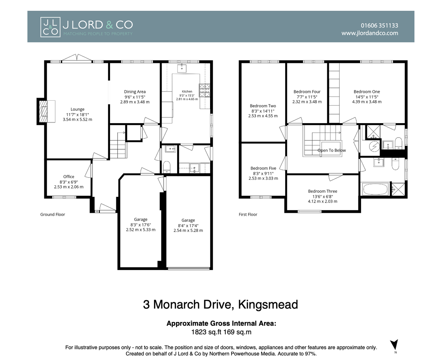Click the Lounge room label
pos(78,109)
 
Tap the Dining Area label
pos(135,92)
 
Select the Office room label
pos(69,176)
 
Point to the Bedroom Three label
pos(323,191)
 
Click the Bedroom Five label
pos(263,168)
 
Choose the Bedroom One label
pos(367,92)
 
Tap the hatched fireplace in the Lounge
pos(43,111)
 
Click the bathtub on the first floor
pos(376,189)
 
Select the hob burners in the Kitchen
pos(204,90)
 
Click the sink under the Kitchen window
pos(182,68)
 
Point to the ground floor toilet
pos(166,167)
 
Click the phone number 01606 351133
pos(379,26)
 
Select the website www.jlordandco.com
pos(370,33)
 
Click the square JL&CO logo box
pos(50,27)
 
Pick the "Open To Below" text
pos(332,150)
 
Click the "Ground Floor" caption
pos(53,214)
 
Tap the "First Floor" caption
pos(248,214)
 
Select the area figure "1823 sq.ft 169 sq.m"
pos(221,332)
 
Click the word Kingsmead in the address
pos(268,305)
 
